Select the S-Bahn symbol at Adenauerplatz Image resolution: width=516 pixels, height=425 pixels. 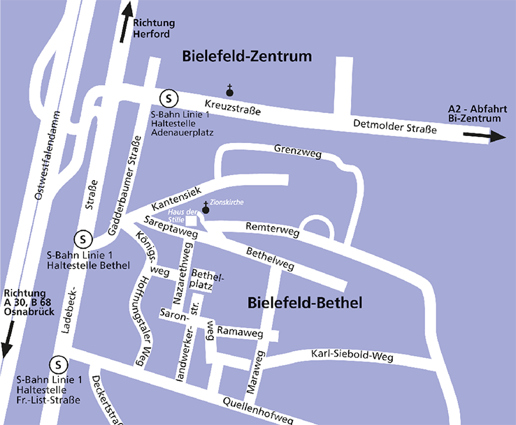point(168,98)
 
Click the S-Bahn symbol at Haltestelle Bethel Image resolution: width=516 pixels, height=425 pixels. point(83,239)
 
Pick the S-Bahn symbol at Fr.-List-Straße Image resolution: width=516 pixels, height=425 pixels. point(59,364)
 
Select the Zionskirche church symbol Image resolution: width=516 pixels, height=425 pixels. point(206,208)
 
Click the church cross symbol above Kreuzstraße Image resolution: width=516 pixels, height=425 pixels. point(229,89)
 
